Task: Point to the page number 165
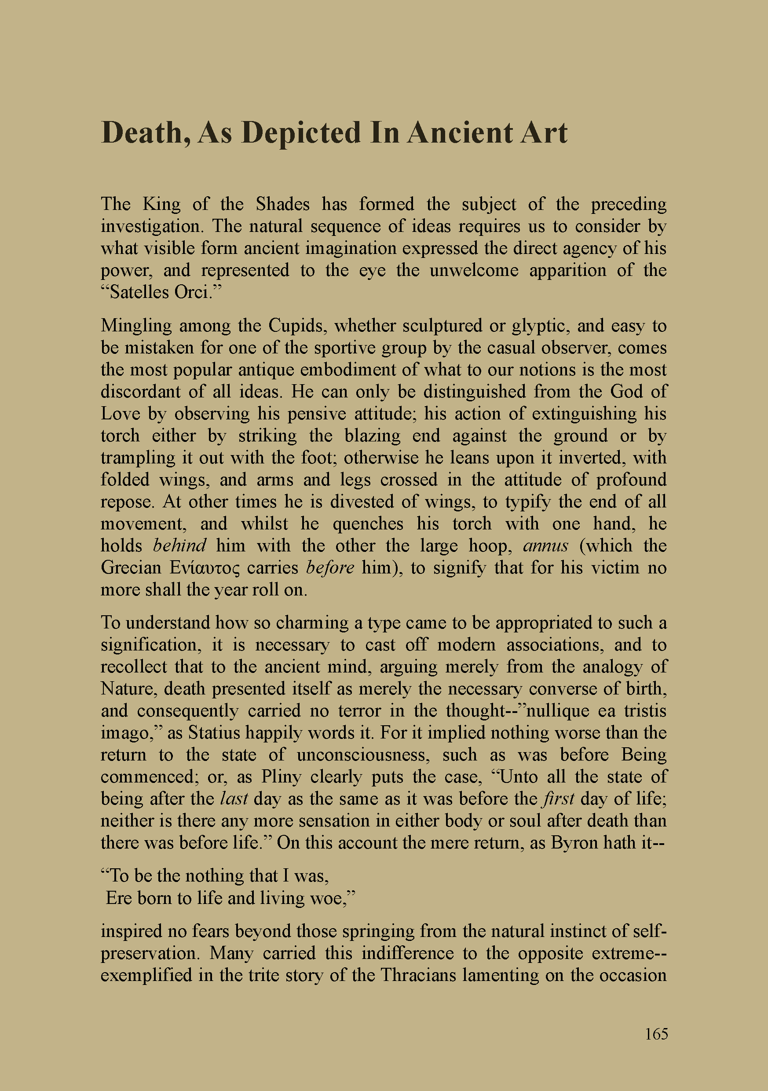[656, 1034]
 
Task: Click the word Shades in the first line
[282, 204]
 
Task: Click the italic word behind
[179, 546]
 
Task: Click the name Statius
[214, 733]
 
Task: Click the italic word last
[234, 799]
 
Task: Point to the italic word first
[559, 799]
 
